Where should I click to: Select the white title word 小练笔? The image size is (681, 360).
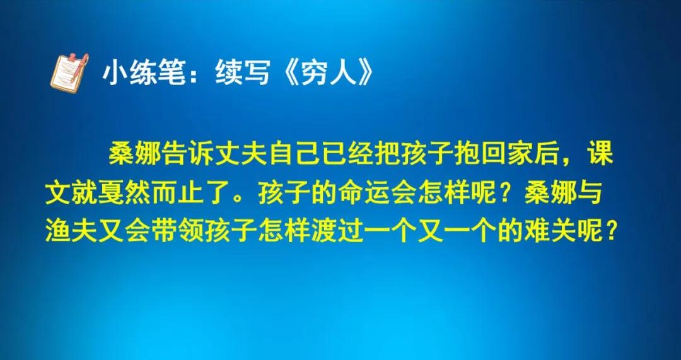144,72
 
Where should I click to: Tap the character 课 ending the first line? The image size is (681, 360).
600,154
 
